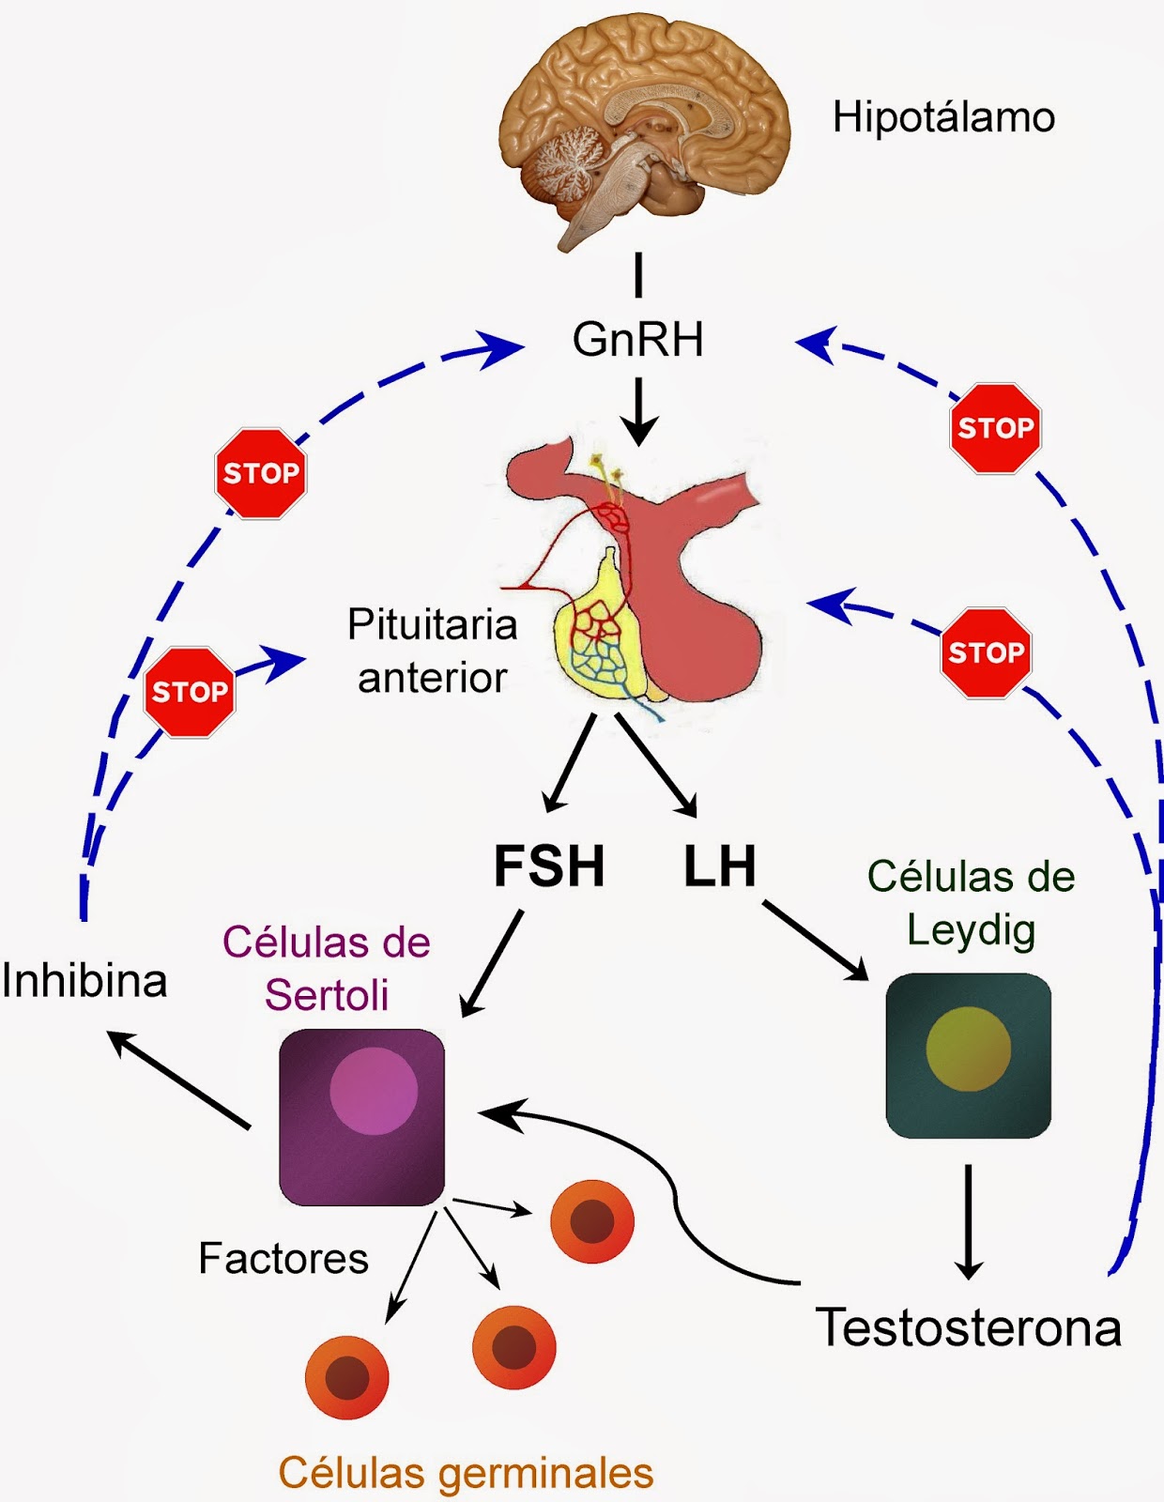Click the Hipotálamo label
pos(943,118)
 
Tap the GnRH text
pos(638,340)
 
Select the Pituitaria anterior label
pos(433,651)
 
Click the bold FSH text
pos(549,866)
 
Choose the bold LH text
pos(719,866)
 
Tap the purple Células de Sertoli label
pos(327,968)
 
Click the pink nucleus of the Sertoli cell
pos(374,1092)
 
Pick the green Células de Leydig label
pos(971,902)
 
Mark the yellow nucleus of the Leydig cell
pos(968,1049)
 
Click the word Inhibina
pos(84,981)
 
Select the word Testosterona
pos(969,1328)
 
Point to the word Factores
pos(283,1259)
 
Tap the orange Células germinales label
pos(466,1473)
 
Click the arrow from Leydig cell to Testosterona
pos(968,1220)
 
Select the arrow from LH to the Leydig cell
pos(815,941)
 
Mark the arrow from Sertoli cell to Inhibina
pos(178,1080)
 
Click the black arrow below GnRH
pos(638,411)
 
